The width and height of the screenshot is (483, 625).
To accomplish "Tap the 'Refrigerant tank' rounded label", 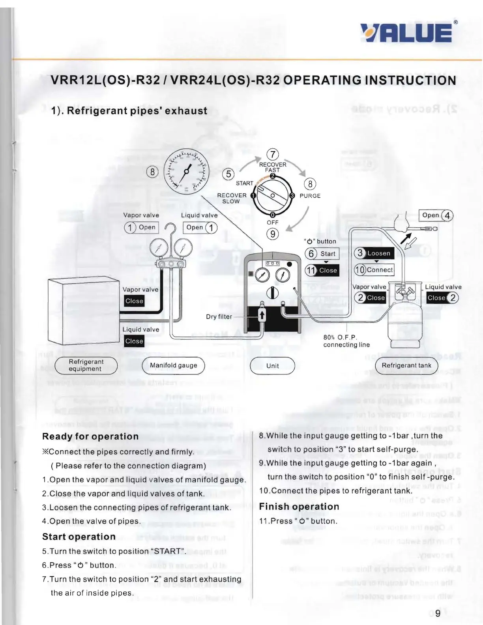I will click(406, 365).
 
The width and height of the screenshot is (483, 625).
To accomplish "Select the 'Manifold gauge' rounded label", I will click(173, 365).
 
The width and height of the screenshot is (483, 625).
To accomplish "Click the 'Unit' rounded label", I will click(272, 366).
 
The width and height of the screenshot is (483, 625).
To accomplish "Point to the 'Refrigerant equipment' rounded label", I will click(86, 365).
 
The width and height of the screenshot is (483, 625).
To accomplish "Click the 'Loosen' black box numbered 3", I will click(374, 253).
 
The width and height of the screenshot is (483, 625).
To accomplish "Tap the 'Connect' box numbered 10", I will click(374, 270).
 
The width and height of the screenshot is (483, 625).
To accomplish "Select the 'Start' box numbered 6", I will click(322, 254).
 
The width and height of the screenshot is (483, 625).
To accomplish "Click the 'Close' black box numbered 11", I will click(322, 270).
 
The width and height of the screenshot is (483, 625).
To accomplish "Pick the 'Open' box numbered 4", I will click(436, 215).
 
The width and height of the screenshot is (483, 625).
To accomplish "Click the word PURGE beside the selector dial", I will click(310, 196).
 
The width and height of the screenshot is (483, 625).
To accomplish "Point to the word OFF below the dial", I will click(272, 223).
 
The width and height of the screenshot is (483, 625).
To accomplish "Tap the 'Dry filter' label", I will click(219, 316).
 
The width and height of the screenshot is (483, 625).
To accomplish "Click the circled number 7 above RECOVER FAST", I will click(273, 154).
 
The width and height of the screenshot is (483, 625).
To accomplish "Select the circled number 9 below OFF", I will click(273, 234).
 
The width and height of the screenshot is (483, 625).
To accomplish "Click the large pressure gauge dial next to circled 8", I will click(187, 170).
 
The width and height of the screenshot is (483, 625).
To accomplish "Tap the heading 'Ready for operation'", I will click(90, 436).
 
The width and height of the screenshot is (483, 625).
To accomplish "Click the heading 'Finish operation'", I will click(299, 507).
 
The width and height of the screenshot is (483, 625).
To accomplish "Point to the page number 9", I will click(438, 613).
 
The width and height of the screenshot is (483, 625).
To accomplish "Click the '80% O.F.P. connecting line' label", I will click(346, 341).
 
